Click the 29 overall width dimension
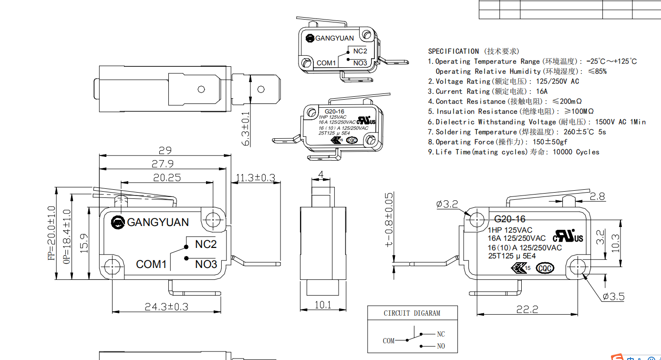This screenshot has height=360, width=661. point(165,150)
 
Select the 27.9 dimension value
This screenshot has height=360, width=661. point(163,164)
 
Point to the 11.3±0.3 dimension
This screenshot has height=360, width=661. point(256,177)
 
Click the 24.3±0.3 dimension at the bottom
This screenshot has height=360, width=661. point(166,307)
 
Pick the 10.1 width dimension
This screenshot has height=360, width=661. point(323,305)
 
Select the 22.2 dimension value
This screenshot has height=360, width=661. point(527,309)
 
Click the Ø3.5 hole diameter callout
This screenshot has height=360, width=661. point(613,297)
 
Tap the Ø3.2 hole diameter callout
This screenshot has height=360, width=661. point(447,204)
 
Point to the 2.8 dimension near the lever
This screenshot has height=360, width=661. point(598,196)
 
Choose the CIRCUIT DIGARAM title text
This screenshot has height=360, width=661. point(412,313)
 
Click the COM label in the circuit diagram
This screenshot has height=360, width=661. point(389,340)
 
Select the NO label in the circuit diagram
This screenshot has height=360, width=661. point(441,346)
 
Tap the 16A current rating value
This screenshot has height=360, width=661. point(542,91)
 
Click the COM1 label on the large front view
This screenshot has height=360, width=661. point(151,264)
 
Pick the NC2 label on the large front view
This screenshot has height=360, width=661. point(206,244)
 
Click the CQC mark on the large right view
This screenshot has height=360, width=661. point(545,268)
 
